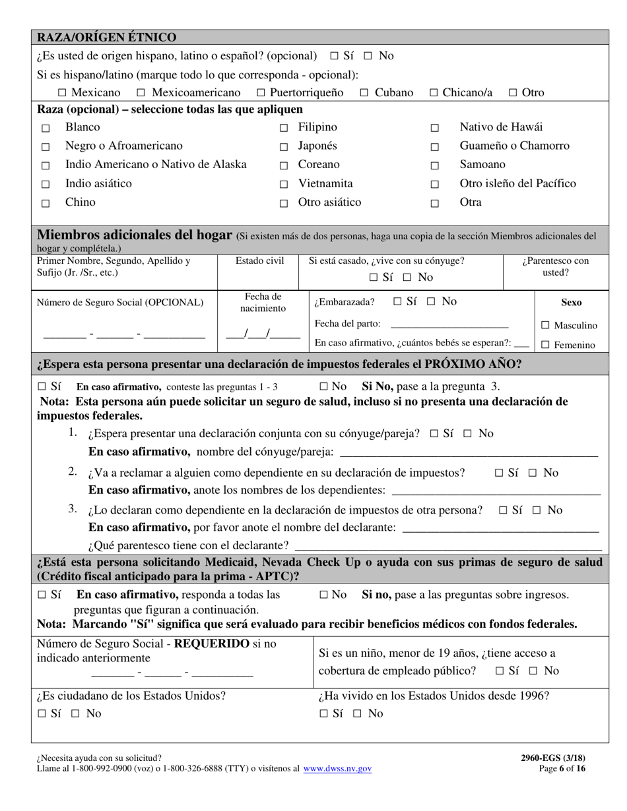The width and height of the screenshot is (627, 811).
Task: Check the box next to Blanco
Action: point(46,129)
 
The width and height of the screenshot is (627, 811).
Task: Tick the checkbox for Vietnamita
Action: point(284,185)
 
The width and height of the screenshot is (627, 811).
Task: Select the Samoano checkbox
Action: point(434,166)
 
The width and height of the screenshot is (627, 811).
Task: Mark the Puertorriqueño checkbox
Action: point(261,94)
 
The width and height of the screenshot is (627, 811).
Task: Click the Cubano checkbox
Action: point(364,94)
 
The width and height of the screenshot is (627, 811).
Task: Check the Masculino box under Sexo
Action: point(545,326)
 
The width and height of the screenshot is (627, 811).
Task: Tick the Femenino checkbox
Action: point(545,345)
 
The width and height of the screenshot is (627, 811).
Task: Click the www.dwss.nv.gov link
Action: point(337,768)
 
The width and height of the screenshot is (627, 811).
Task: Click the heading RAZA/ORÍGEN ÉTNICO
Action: point(107,37)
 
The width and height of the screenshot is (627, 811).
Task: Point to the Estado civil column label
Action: point(259,261)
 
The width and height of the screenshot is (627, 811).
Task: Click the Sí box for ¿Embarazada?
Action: point(397,302)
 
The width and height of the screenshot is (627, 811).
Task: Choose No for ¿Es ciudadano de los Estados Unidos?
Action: point(75,713)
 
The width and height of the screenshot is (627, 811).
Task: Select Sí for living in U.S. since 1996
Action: point(324,713)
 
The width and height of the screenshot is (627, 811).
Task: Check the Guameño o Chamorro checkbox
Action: point(434,148)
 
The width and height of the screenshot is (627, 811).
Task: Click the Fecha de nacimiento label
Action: point(263,303)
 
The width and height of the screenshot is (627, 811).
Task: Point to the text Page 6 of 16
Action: point(561,768)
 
